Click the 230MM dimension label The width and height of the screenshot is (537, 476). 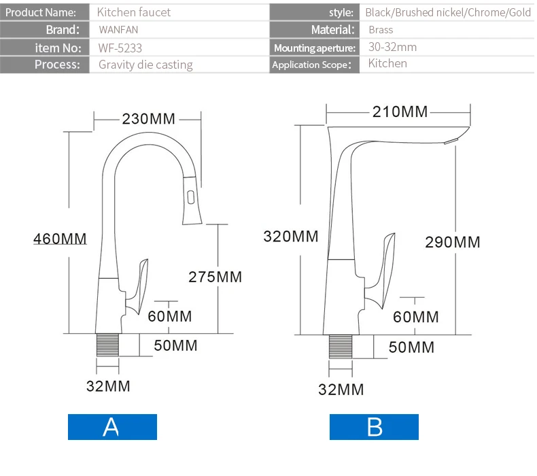tap(148, 119)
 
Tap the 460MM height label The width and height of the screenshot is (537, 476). tap(60, 239)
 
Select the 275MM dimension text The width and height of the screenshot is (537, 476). tap(215, 277)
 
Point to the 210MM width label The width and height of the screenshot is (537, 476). tap(400, 112)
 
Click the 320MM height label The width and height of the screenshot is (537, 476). tap(291, 237)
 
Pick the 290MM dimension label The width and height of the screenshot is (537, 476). tap(453, 242)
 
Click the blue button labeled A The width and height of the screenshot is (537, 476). tap(112, 427)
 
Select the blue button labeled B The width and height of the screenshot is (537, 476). tap(374, 427)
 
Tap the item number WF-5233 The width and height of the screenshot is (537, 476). tap(120, 48)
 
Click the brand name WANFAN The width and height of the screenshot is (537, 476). tap(118, 30)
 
